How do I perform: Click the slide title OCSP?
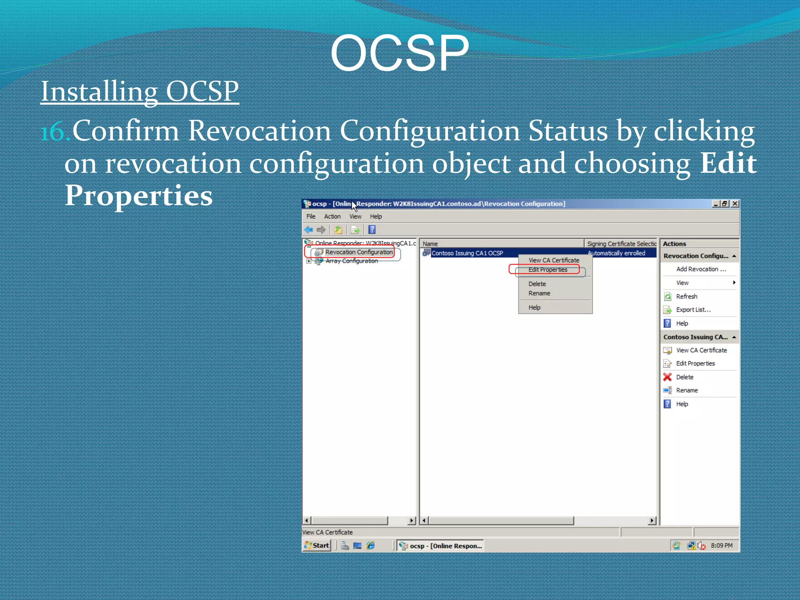tap(399, 53)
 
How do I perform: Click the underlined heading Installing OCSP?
tap(139, 91)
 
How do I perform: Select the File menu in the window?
tap(311, 216)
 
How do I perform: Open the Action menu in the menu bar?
tap(332, 216)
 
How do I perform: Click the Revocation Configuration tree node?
tap(359, 252)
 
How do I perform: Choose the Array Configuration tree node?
tap(352, 261)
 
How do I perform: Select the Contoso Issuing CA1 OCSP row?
tap(467, 253)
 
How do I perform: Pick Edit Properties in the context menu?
tap(548, 270)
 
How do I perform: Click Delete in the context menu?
tap(537, 284)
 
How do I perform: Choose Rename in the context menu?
tap(539, 293)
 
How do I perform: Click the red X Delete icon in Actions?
tap(668, 377)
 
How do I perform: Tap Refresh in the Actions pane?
tap(686, 296)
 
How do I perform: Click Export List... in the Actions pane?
tap(693, 310)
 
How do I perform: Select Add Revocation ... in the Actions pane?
tap(701, 269)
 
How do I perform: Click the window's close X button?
tap(735, 204)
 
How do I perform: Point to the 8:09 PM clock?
tap(721, 546)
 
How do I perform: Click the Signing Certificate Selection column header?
tap(621, 244)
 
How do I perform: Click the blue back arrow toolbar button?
tap(309, 230)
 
